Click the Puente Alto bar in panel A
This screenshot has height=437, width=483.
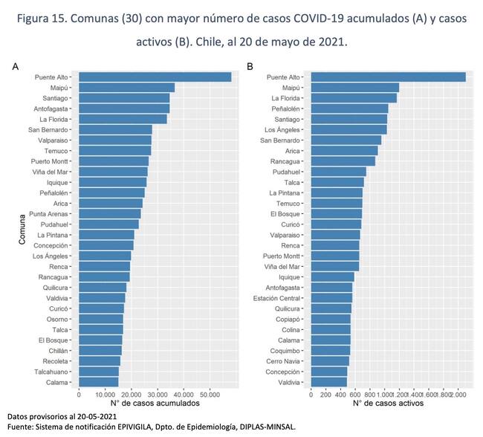(155, 77)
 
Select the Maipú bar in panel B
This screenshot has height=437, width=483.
(355, 88)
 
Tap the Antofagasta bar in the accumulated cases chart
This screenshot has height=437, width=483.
(124, 109)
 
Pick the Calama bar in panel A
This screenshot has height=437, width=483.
(98, 382)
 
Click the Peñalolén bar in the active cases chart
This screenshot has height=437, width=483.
(350, 109)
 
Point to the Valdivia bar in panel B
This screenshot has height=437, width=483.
(329, 382)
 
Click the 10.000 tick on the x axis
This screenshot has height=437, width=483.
(106, 395)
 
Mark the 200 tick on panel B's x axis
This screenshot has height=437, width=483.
(325, 395)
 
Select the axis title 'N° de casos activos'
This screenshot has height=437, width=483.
(388, 404)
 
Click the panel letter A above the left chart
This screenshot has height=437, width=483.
(15, 67)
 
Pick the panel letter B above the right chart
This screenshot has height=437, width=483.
(250, 67)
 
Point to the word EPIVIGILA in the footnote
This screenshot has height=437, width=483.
(147, 427)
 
